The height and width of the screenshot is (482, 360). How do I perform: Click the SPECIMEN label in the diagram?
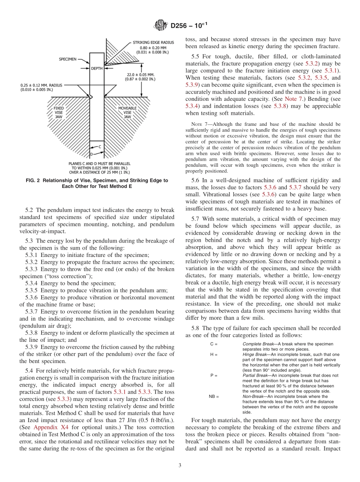[68, 59]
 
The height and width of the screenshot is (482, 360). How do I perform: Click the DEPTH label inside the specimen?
[97, 69]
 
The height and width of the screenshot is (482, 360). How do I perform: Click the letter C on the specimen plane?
[100, 146]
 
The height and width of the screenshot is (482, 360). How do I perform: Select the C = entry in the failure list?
[213, 344]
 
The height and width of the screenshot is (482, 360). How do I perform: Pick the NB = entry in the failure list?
[214, 396]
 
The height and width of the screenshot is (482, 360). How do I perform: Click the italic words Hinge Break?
[255, 354]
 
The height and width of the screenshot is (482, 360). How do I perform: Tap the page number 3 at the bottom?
[180, 465]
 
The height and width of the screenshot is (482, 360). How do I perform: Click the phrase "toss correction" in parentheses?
[72, 276]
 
